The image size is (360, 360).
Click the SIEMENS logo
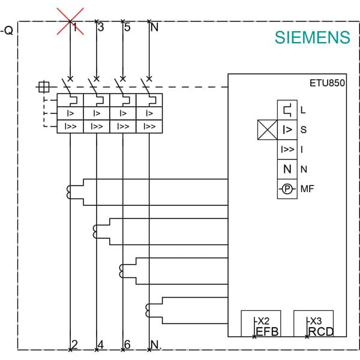(x=312, y=37)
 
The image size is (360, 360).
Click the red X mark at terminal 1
(x=70, y=22)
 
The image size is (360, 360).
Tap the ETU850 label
(x=327, y=83)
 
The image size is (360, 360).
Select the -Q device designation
(x=7, y=30)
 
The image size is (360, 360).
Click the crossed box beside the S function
(x=268, y=130)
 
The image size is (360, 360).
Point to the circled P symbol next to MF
(x=287, y=189)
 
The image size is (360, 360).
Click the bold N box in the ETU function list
(x=287, y=169)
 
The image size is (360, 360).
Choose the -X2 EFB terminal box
(x=261, y=323)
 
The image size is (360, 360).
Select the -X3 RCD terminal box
(x=314, y=323)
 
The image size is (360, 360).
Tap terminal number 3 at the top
(x=101, y=27)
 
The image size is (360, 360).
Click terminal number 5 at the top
(x=127, y=27)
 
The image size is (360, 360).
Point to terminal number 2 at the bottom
(x=74, y=344)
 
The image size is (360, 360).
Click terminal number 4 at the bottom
(x=101, y=344)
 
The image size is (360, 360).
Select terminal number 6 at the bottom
(x=127, y=344)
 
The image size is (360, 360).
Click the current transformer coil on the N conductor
(x=148, y=310)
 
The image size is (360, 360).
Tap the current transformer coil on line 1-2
(x=68, y=192)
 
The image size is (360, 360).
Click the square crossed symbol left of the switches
(x=44, y=87)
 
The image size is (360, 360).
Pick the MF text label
(x=307, y=189)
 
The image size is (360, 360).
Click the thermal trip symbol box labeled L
(x=287, y=110)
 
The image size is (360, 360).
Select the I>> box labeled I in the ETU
(x=287, y=149)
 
